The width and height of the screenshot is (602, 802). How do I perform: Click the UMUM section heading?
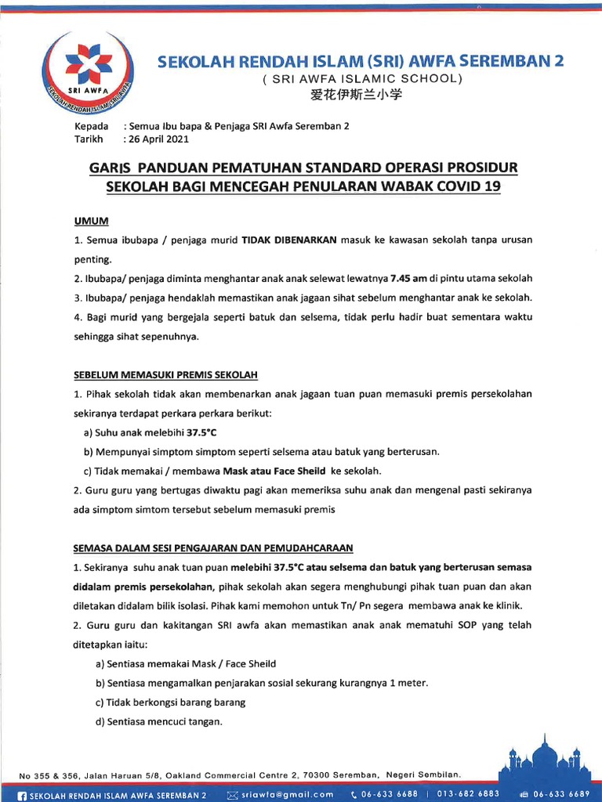(x=91, y=222)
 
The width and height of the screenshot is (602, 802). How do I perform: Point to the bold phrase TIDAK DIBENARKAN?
(x=289, y=239)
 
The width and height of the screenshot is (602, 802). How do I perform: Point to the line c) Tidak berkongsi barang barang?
(x=170, y=703)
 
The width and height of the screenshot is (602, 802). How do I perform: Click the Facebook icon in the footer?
(x=22, y=794)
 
